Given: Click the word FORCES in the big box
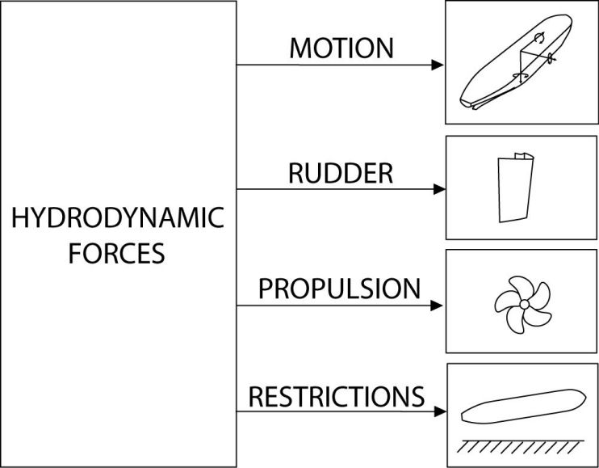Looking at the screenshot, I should pyautogui.click(x=118, y=253).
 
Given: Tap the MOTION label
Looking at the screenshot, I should pyautogui.click(x=341, y=48).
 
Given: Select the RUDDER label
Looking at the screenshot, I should pyautogui.click(x=341, y=173).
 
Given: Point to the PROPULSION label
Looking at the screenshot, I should pyautogui.click(x=339, y=289).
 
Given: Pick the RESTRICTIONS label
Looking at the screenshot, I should pyautogui.click(x=337, y=396).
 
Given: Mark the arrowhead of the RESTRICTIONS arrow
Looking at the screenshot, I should pyautogui.click(x=440, y=411).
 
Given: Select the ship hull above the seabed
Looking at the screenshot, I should pyautogui.click(x=520, y=410).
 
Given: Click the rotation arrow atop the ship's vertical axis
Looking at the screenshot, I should pyautogui.click(x=539, y=37).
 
